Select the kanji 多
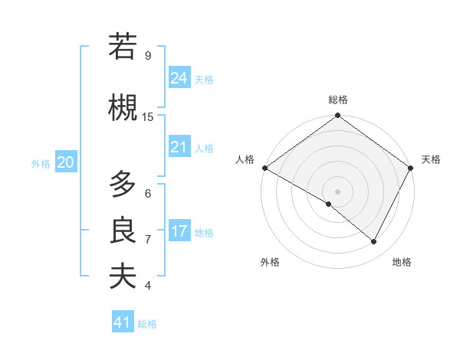(x=123, y=185)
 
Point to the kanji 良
(x=123, y=231)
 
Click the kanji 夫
(x=123, y=276)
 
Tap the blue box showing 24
(x=179, y=78)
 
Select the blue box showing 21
(x=179, y=147)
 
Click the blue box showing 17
(x=179, y=231)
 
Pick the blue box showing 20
(x=66, y=162)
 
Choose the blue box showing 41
(x=123, y=322)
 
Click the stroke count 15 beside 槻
(x=148, y=116)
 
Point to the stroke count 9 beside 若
(x=148, y=55)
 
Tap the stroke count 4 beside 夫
(x=148, y=285)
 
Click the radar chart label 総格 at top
(x=337, y=100)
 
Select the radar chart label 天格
(x=431, y=159)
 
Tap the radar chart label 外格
(x=270, y=262)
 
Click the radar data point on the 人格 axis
(x=264, y=168)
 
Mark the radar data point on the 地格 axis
(x=374, y=242)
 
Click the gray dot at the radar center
(x=337, y=191)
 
